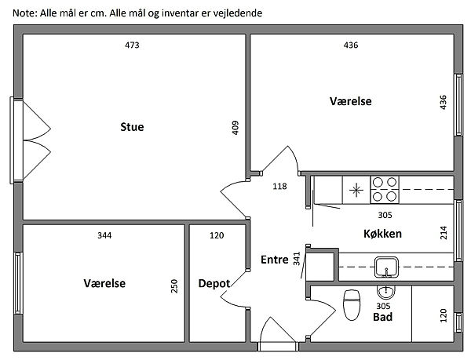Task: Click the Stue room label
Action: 132,127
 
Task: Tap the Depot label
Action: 214,283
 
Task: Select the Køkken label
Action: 383,234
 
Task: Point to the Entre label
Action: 274,259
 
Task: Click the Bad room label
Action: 382,317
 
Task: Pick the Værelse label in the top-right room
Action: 350,101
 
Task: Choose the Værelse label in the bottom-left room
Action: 104,283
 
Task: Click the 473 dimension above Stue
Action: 132,45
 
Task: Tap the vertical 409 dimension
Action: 235,128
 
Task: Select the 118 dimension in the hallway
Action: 279,187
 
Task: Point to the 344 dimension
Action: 104,235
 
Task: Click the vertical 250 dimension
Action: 174,287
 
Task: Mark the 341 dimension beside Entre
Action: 296,259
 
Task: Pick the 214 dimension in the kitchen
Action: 444,233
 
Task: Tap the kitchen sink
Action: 385,267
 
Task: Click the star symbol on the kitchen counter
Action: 356,188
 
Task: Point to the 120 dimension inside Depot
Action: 217,235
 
